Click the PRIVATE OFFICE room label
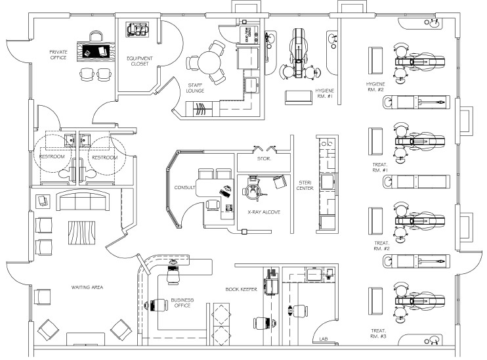click(62, 55)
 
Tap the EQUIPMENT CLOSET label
click(138, 61)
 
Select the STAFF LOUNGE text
click(196, 87)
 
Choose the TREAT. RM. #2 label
click(381, 246)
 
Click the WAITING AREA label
click(87, 287)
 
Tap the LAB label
click(323, 339)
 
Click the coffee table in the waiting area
click(83, 231)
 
